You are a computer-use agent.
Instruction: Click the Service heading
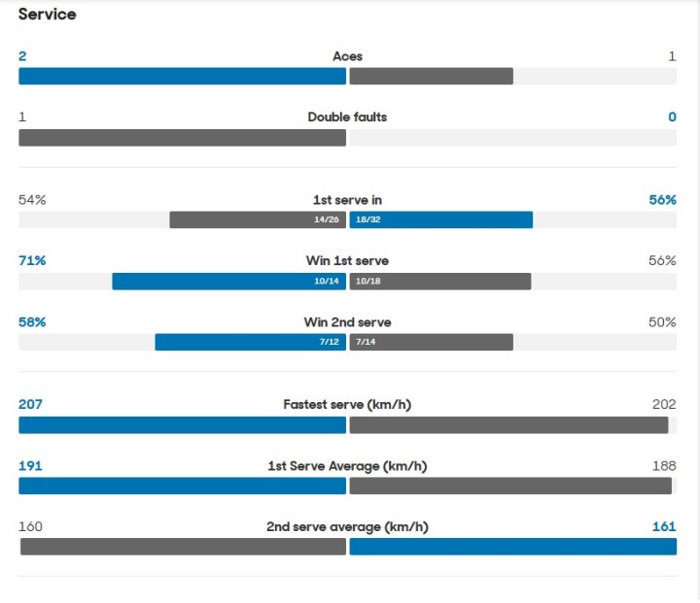(x=47, y=15)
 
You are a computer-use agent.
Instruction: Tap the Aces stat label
(x=347, y=56)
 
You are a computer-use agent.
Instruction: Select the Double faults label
(x=347, y=117)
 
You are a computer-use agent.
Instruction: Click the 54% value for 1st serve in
(x=32, y=200)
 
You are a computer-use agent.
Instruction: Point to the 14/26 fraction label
(x=326, y=220)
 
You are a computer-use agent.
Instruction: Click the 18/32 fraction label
(x=368, y=220)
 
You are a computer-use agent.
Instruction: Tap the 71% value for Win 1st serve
(x=32, y=261)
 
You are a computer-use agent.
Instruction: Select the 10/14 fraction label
(x=326, y=282)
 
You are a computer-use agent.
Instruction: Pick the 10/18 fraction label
(x=368, y=282)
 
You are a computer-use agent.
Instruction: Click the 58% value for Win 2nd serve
(x=32, y=322)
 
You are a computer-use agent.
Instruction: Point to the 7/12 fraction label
(x=330, y=343)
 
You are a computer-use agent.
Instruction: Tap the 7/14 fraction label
(x=366, y=343)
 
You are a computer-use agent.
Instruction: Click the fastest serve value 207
(x=30, y=404)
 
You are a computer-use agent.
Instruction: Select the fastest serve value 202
(x=664, y=404)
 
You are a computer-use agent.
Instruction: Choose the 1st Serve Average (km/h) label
(x=347, y=466)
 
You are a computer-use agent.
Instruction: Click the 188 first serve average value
(x=664, y=466)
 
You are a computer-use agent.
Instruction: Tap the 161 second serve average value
(x=664, y=527)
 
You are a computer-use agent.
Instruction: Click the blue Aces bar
(x=182, y=76)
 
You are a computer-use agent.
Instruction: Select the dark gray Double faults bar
(x=182, y=138)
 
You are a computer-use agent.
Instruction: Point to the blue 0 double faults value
(x=672, y=117)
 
